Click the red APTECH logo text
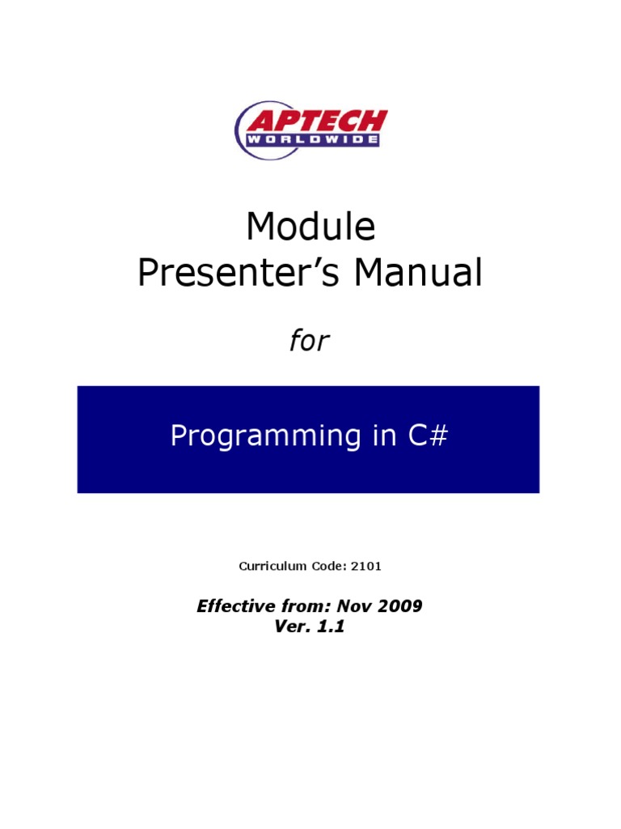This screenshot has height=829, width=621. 316,122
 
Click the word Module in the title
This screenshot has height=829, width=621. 310,228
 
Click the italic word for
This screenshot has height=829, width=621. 310,342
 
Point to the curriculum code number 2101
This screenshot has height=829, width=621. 366,566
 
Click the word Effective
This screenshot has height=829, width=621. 234,606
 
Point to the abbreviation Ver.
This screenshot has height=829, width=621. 292,627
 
